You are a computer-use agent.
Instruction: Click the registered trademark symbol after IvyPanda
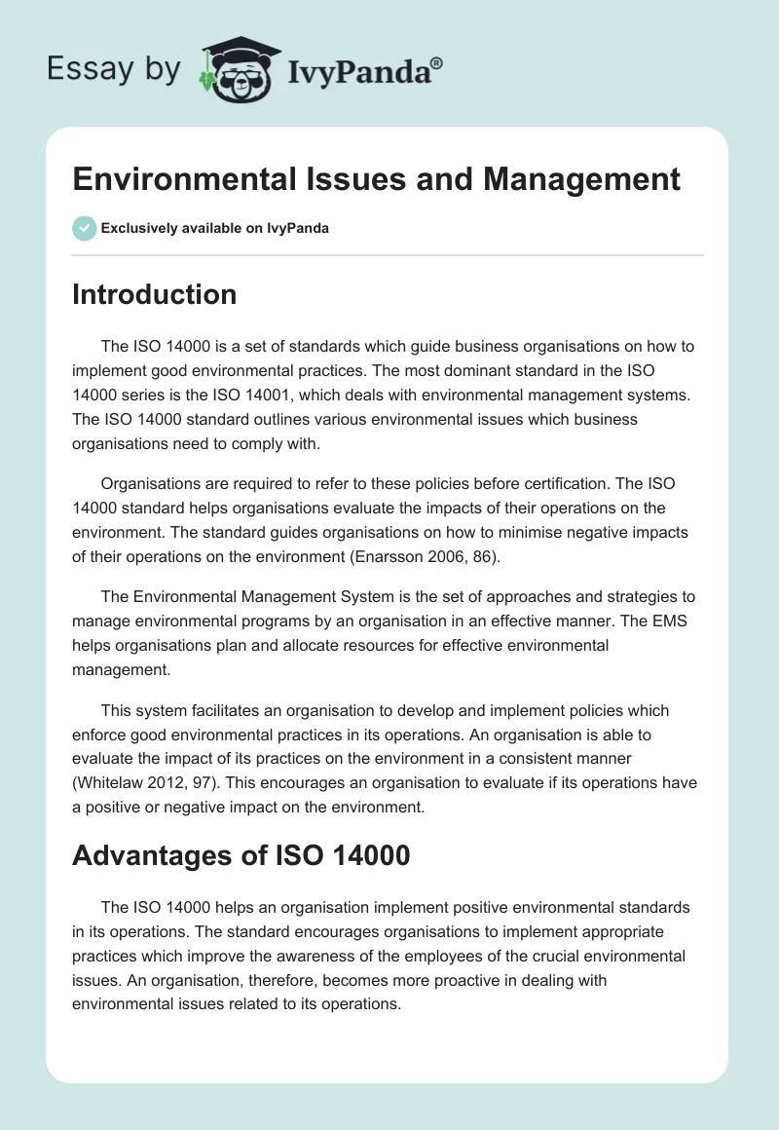tap(437, 63)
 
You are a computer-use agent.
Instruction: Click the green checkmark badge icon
tap(84, 228)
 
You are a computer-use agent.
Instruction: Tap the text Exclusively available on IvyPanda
tap(215, 229)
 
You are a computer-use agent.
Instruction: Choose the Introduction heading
tap(154, 294)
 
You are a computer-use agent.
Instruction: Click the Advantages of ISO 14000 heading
tap(241, 857)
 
